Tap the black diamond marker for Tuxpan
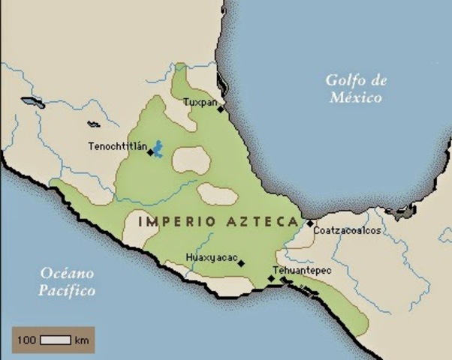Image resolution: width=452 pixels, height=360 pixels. click(x=220, y=109)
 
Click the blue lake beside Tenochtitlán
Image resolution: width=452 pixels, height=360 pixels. click(x=158, y=148)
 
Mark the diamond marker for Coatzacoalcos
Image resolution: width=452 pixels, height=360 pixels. click(x=310, y=223)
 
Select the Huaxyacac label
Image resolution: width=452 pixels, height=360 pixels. click(x=210, y=259)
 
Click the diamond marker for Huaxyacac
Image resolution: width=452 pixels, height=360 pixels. click(x=241, y=263)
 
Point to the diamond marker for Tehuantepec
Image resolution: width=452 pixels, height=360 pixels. click(x=271, y=278)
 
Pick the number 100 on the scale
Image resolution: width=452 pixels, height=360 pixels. click(x=27, y=340)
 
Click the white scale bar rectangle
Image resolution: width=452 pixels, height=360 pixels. click(x=55, y=340)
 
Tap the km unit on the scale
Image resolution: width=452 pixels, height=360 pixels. click(x=82, y=340)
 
